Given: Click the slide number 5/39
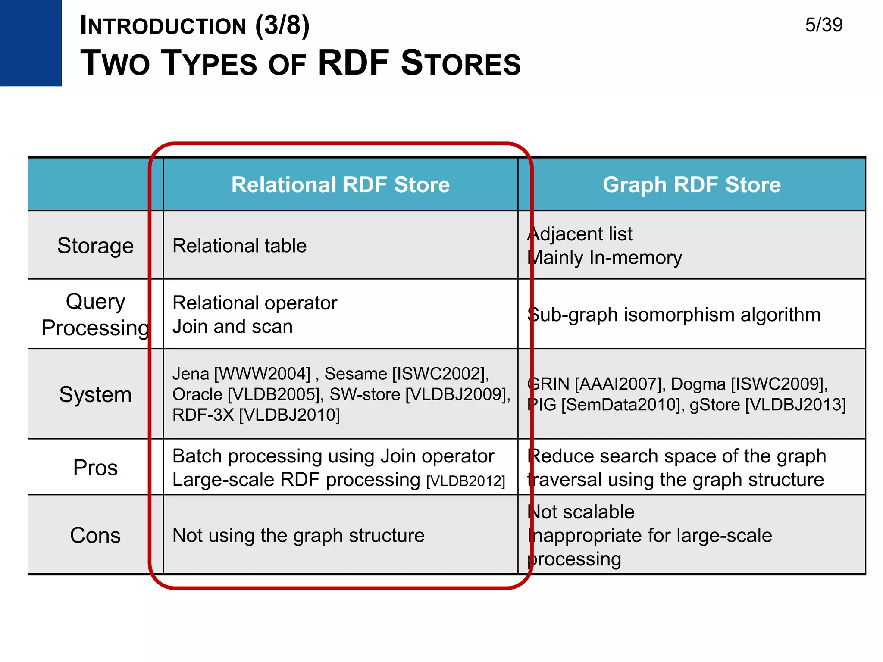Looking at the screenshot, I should pos(824,25).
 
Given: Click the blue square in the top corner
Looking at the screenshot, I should pos(31,43).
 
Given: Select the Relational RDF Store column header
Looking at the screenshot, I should pos(340,185).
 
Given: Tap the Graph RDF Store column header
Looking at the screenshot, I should pos(692,185).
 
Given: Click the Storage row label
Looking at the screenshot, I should pos(95,246).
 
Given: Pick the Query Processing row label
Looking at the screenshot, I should pos(95,314).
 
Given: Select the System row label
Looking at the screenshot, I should pos(95,394).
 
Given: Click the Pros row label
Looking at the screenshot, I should pos(95,468).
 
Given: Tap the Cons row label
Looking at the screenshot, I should pos(95,535).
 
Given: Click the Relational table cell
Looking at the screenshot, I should pos(239,246).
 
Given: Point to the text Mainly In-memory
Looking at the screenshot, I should pos(605,258).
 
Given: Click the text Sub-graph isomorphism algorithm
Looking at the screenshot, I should pos(674,315).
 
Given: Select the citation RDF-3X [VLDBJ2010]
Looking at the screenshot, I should pos(256,415).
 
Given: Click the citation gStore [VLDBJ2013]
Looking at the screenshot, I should pos(767,405).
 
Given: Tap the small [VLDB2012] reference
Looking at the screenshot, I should pos(466,481).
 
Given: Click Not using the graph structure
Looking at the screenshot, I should pos(298,536).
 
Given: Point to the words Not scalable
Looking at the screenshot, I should pos(581,512).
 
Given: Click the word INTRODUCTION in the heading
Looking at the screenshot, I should pos(163,26).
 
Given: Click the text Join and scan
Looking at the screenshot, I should pos(232,327).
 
